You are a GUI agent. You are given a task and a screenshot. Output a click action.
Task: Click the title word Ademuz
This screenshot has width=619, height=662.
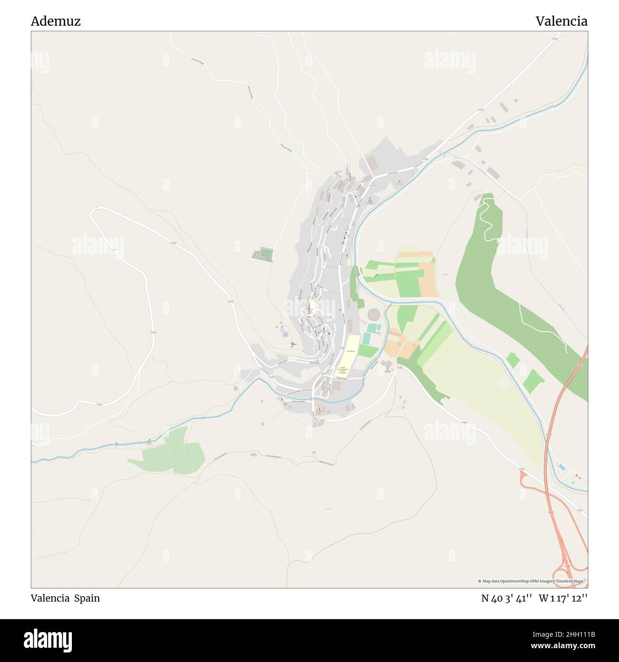tap(56, 21)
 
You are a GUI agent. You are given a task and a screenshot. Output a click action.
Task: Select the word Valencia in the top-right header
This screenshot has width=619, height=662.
tap(561, 21)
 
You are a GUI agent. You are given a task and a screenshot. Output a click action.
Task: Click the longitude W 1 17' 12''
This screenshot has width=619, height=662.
tap(563, 598)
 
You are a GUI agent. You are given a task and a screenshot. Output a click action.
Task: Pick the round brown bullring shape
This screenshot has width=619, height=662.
tap(374, 314)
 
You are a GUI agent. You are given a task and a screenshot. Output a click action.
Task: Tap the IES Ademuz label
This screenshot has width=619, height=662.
tap(351, 351)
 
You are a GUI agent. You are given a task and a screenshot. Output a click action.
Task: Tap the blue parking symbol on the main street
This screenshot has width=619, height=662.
tap(347, 255)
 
